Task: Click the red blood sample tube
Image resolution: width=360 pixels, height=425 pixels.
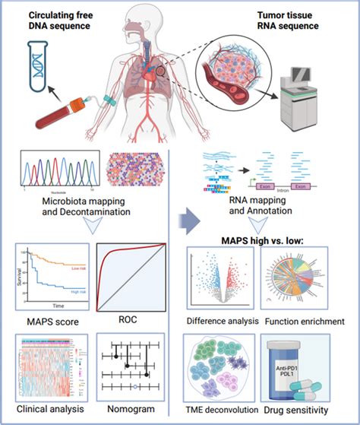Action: coord(62,123)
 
